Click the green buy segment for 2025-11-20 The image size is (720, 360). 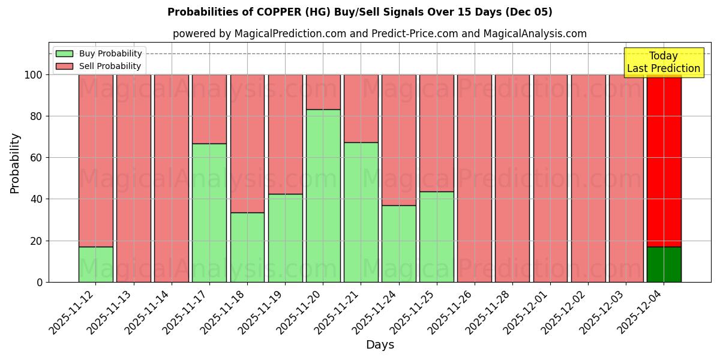click(x=323, y=196)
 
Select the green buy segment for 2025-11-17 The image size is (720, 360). click(x=209, y=212)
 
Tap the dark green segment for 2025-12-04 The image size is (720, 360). click(x=664, y=264)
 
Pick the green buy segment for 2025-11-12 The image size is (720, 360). click(x=96, y=264)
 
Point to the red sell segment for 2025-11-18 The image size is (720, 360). click(x=247, y=143)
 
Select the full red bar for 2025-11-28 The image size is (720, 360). click(x=512, y=178)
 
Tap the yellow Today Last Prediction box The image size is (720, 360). click(x=664, y=62)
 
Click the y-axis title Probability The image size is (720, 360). click(x=15, y=163)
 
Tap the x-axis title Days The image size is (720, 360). click(x=380, y=345)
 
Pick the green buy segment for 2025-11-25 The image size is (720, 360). click(x=437, y=236)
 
